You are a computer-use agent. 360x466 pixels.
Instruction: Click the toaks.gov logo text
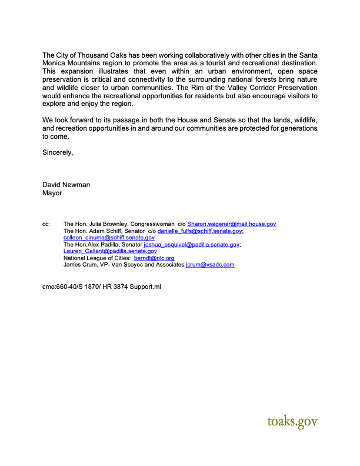(x=292, y=421)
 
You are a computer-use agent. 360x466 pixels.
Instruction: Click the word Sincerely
(x=58, y=153)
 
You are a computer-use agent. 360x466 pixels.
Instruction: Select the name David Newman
(x=66, y=185)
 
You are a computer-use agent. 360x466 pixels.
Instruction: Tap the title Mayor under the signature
(x=52, y=192)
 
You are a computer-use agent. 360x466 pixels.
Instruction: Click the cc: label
(x=46, y=224)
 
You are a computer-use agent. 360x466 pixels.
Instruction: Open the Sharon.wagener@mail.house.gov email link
(x=231, y=224)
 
